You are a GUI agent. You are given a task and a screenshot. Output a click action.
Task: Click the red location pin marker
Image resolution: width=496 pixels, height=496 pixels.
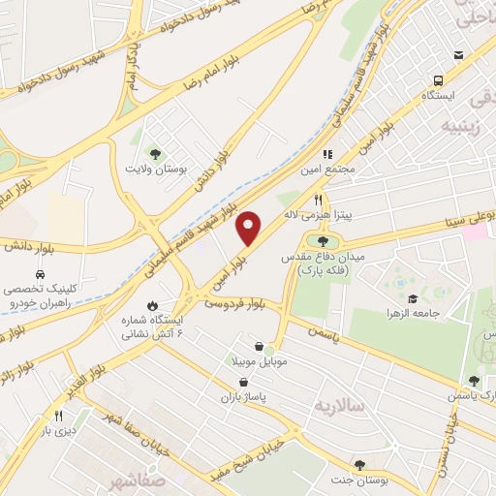(250, 228)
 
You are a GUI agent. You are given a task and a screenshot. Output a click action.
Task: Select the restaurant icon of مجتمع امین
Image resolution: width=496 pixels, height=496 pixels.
(327, 154)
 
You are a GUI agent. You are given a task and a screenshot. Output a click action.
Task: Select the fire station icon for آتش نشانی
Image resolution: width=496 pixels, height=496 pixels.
(152, 306)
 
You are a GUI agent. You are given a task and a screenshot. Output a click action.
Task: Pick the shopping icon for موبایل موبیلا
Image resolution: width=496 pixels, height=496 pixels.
(259, 346)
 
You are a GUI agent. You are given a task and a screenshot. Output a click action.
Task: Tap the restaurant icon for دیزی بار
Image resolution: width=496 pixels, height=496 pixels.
(44, 417)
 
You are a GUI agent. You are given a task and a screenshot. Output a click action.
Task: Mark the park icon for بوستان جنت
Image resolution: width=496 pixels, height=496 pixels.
(359, 466)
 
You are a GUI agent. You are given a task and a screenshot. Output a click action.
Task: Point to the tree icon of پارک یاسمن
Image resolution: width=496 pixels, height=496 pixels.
(474, 381)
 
